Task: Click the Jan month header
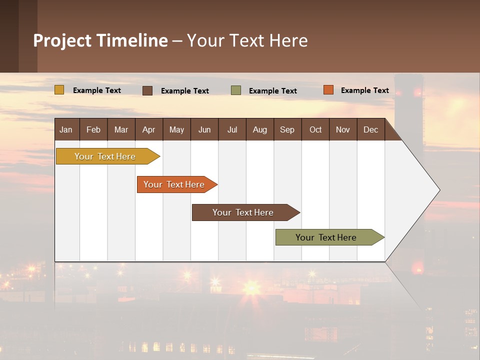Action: coord(66,129)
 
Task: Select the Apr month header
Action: coord(148,129)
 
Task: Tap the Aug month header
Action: coord(259,129)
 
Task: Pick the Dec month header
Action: coord(370,129)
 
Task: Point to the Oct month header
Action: coord(315,129)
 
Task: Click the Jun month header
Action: coord(204,129)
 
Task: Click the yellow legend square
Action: coord(59,90)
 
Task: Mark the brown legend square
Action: coord(147,90)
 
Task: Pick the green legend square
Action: coord(236,90)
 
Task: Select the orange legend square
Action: coord(328,90)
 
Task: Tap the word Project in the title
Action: coord(62,40)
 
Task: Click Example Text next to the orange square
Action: coord(364,90)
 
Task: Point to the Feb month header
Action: coord(93,129)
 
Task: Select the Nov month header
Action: coord(343,129)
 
